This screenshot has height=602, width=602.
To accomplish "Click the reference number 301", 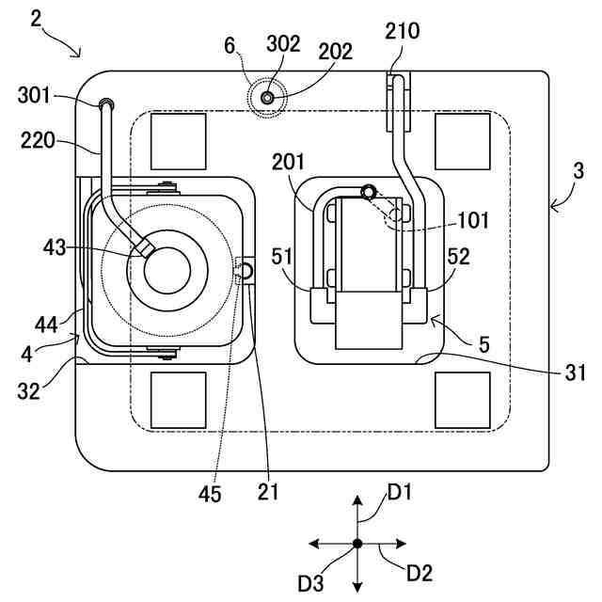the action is tap(34, 95).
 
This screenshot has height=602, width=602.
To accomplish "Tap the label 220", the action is tap(38, 140).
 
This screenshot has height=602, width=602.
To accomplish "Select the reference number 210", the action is tap(402, 31).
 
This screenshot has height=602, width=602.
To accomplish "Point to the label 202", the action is tap(335, 52).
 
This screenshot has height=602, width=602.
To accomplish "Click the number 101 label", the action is tap(473, 220).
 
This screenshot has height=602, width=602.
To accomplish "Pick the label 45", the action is tap(210, 494).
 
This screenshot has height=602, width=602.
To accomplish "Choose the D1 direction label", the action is tap(400, 492).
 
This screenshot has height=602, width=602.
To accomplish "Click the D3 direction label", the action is tap(311, 583).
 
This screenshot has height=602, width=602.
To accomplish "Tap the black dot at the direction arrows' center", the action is tap(357, 544).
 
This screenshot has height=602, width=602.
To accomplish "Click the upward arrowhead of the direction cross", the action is tap(357, 499).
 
